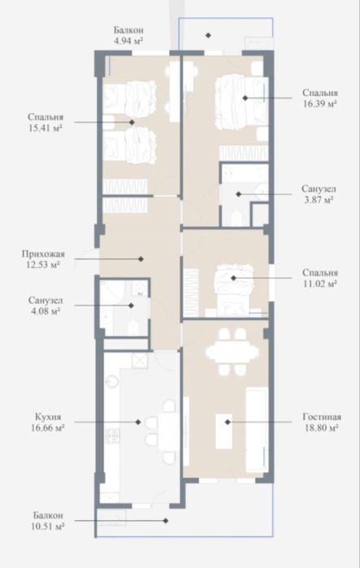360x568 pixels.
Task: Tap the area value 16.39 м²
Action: [x=317, y=105]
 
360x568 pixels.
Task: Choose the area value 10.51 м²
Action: [x=50, y=526]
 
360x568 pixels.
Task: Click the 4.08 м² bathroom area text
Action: [x=46, y=311]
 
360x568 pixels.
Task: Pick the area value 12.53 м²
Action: [x=43, y=265]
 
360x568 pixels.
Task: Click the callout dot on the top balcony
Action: [x=208, y=35]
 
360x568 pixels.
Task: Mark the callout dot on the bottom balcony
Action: [x=167, y=521]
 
